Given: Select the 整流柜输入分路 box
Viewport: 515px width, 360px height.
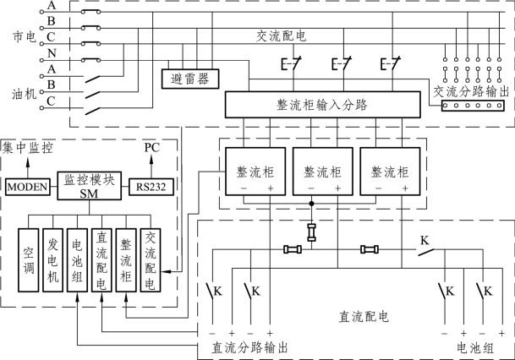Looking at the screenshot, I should click(x=321, y=104).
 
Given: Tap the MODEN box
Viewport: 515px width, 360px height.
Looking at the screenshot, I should click(x=30, y=185).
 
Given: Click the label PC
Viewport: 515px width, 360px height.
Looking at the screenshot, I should click(x=151, y=147).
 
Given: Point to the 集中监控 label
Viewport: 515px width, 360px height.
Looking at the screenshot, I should click(x=28, y=147).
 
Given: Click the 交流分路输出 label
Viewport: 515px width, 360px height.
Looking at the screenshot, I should click(x=470, y=90).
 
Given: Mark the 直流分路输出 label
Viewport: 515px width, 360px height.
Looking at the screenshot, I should click(x=248, y=347).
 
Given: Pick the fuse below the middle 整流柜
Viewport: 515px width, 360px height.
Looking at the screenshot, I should click(x=312, y=233).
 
